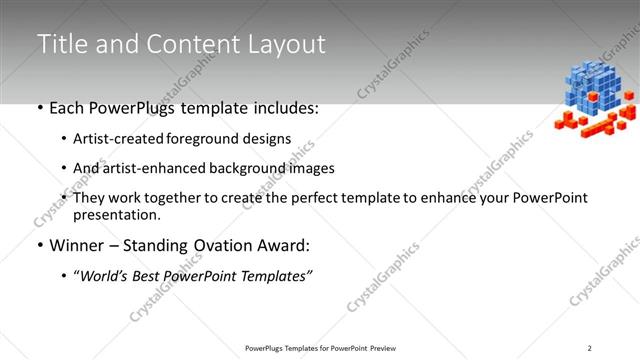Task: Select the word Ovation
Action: (x=217, y=245)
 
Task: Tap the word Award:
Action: (x=280, y=245)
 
